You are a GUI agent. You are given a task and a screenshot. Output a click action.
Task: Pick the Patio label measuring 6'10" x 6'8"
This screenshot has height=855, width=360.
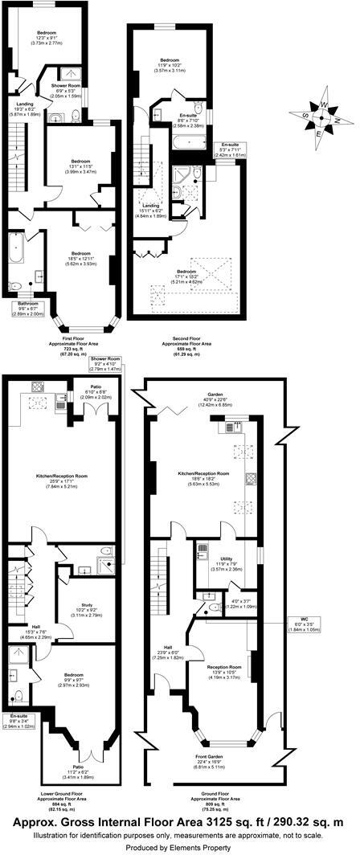(84, 390)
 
